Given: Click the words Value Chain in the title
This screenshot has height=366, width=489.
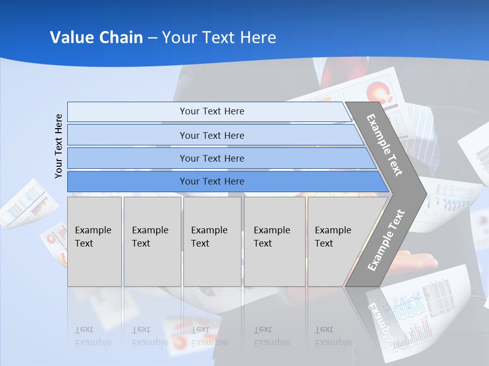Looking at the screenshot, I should coord(96,37).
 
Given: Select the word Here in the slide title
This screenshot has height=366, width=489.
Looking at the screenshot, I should coord(258,37).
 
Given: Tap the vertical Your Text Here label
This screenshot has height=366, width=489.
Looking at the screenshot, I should coord(59,146).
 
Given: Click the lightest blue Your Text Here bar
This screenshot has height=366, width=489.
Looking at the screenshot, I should coord(211,111).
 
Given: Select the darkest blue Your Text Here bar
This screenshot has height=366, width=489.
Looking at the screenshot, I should coord(211,181).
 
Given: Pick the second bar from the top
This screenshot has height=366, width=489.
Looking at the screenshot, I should coord(211,135).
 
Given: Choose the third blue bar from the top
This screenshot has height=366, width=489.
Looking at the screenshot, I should coord(211,158).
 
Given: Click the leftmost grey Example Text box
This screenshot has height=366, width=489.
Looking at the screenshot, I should coord(94,241).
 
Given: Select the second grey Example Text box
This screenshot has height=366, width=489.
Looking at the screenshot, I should coord(152,241).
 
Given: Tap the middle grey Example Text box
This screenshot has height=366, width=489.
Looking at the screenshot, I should coord(212,241).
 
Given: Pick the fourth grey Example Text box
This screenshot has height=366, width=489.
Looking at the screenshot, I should coord(274,241).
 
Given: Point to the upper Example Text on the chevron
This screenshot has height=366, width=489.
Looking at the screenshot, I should coord(385,144).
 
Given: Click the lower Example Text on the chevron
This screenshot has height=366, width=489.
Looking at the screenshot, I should coord(386,240).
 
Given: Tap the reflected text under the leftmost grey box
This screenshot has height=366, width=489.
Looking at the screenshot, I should coord(93,336).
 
